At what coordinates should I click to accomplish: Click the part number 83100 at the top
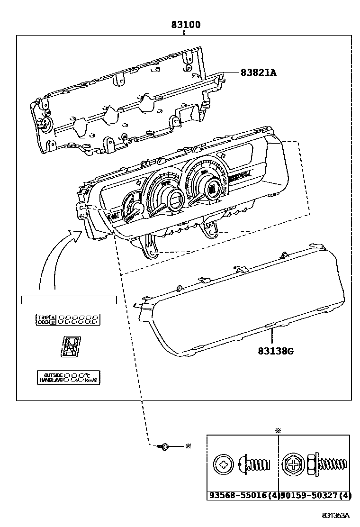pyautogui.click(x=186, y=25)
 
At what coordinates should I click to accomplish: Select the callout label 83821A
pyautogui.click(x=258, y=73)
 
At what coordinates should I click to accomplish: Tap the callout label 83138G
pyautogui.click(x=276, y=351)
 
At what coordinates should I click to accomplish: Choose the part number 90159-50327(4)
pyautogui.click(x=315, y=496)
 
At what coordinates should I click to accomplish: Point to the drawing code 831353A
pyautogui.click(x=335, y=515)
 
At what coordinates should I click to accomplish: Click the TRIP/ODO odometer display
pyautogui.click(x=68, y=319)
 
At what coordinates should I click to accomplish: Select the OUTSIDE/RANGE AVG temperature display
pyautogui.click(x=69, y=377)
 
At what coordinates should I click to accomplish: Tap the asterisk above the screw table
pyautogui.click(x=278, y=430)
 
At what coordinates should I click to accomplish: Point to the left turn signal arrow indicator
pyautogui.click(x=138, y=182)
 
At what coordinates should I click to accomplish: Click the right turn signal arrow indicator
pyautogui.click(x=222, y=154)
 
